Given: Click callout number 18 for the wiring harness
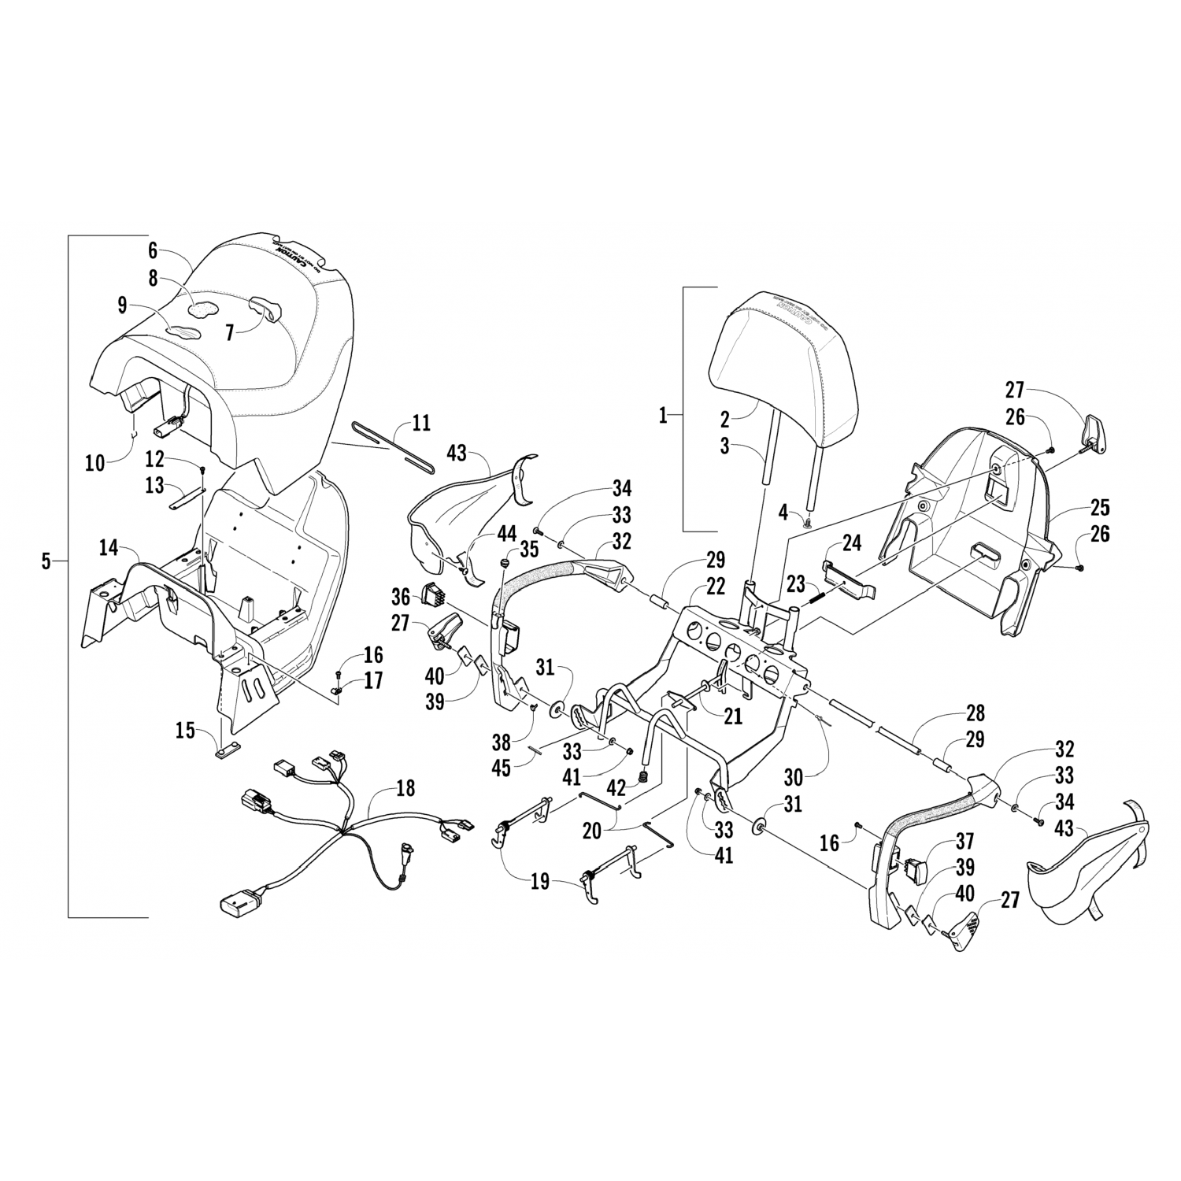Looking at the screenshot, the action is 405,789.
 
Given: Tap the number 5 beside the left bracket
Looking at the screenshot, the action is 46,561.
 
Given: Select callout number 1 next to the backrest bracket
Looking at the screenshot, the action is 663,415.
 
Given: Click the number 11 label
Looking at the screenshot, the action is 421,424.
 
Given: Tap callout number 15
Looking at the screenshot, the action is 184,731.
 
